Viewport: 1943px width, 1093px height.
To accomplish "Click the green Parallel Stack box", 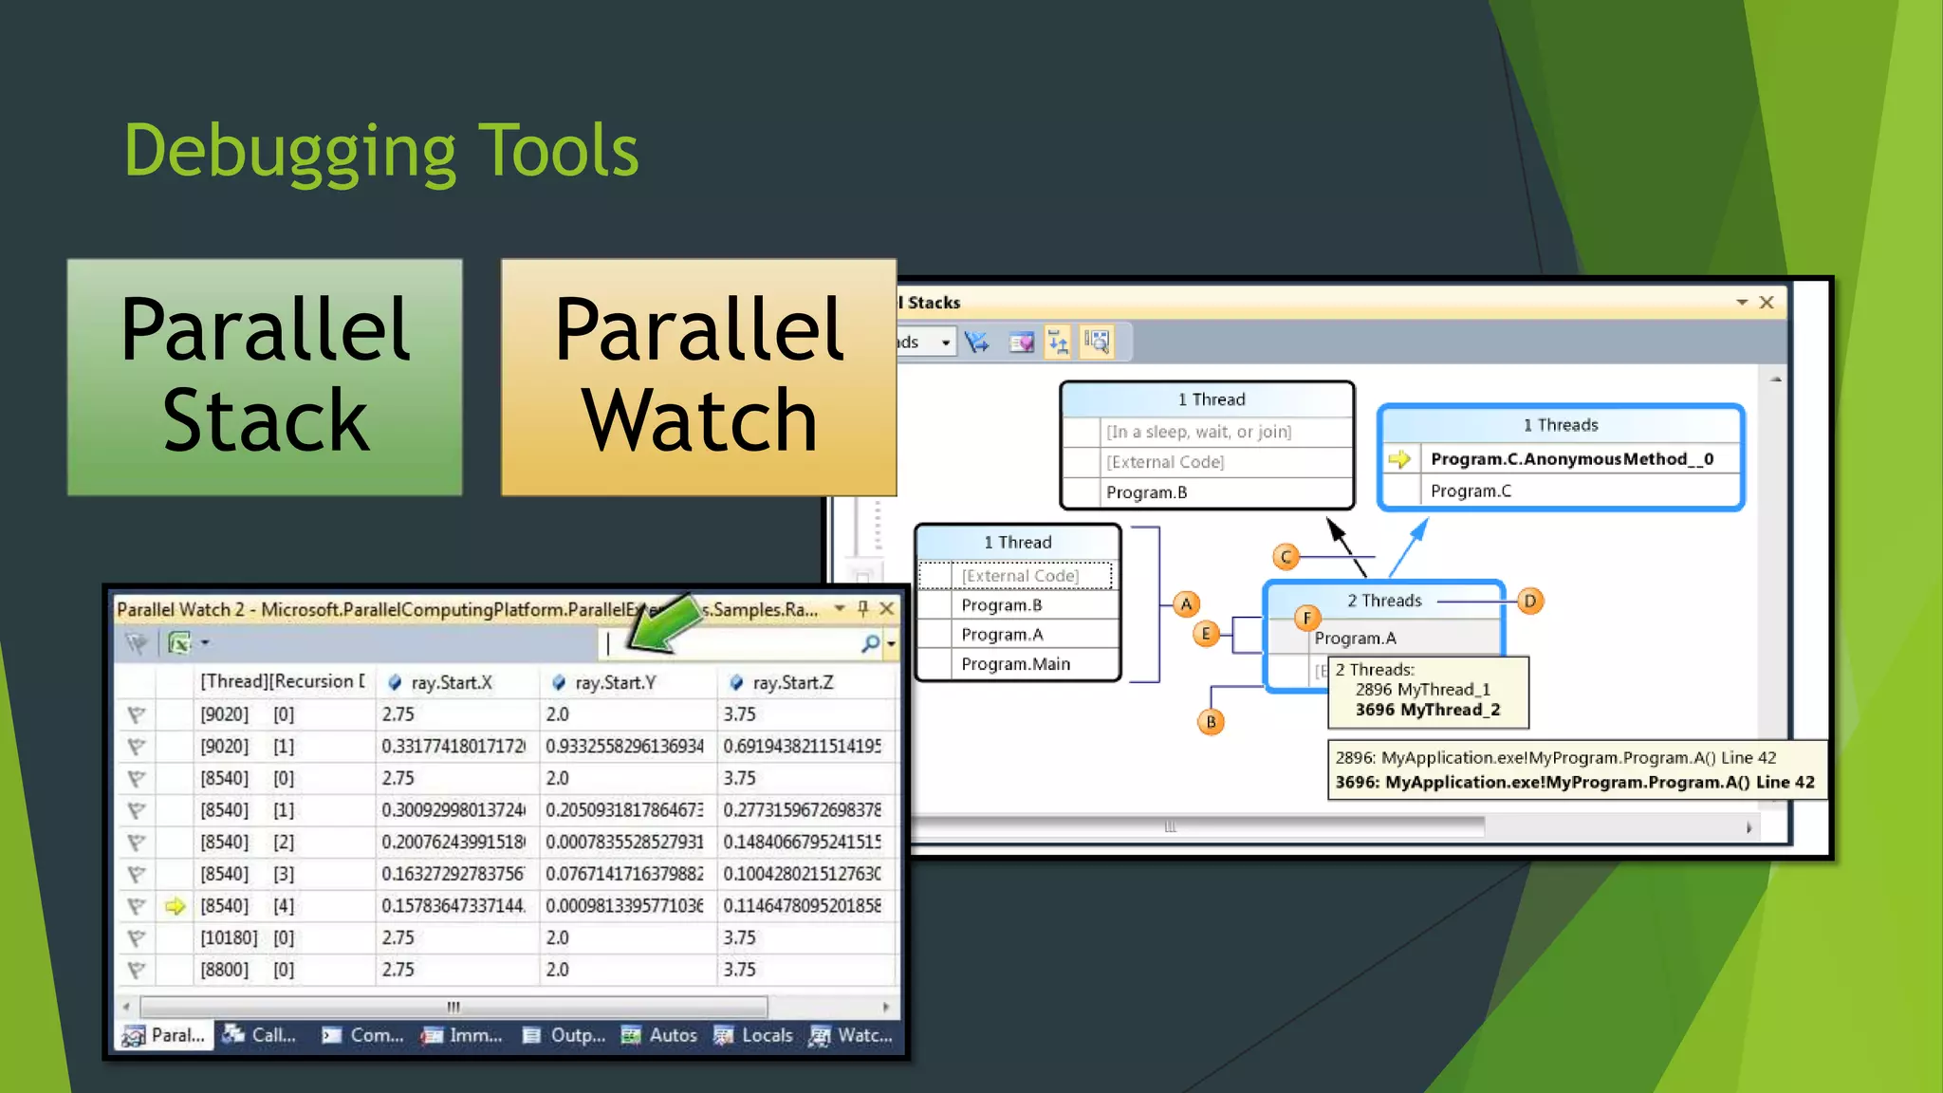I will [265, 377].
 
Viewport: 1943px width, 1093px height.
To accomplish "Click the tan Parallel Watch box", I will [698, 377].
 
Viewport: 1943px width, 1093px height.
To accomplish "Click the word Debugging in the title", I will [290, 152].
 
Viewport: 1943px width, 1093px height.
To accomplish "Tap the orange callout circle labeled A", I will [1186, 604].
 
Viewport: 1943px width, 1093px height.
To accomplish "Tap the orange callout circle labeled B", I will [1211, 722].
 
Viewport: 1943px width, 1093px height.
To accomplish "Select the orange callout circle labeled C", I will [1286, 557].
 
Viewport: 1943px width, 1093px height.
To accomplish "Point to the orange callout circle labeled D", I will [1529, 601].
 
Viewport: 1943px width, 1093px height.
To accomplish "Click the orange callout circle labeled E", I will [1206, 634].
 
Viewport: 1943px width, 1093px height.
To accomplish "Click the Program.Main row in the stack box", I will [1015, 664].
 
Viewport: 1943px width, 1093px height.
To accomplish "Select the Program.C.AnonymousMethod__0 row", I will [1571, 459].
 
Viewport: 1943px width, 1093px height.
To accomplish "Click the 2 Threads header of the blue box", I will [1384, 601].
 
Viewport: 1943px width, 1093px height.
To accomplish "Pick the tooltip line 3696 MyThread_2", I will [1427, 710].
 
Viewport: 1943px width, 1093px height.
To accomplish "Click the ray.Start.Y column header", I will [615, 682].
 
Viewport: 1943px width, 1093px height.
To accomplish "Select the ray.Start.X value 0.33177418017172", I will [453, 747].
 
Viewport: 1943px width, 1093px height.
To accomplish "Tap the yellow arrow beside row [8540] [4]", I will [175, 906].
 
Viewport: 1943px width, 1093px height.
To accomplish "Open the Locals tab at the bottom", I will [755, 1035].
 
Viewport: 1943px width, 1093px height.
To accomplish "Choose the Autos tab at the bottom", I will [661, 1035].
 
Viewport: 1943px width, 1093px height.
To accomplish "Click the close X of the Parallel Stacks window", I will [1767, 302].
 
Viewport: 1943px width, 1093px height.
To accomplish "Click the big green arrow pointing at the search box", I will [664, 625].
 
